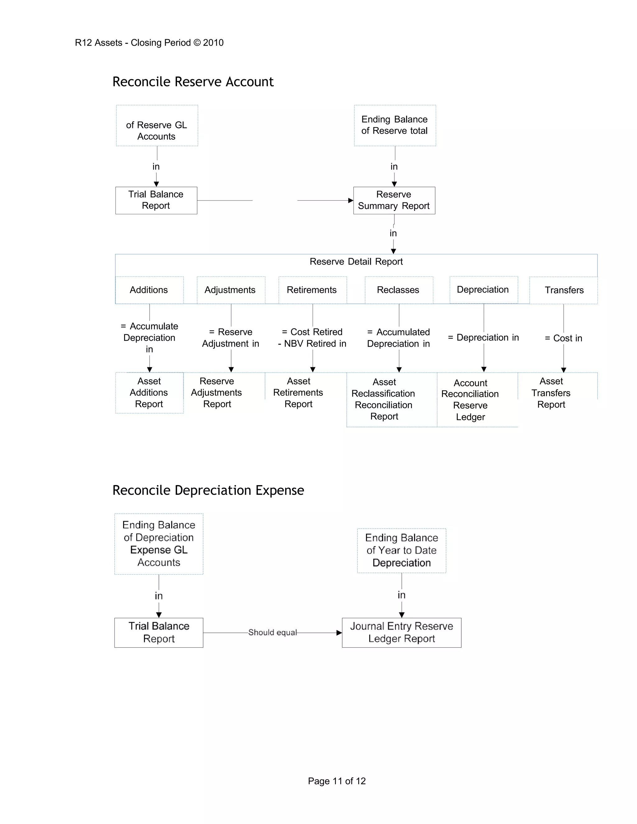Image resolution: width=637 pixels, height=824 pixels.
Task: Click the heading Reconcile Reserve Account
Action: (193, 82)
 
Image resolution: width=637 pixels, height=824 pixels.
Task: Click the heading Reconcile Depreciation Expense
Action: (208, 490)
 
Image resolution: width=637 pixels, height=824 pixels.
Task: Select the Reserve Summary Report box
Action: (394, 200)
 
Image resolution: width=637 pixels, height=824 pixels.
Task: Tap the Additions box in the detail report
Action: (149, 290)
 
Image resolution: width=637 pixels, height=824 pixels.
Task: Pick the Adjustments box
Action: (230, 290)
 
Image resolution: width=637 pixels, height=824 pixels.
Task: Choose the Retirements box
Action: (312, 290)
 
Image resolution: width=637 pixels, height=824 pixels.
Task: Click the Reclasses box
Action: (398, 290)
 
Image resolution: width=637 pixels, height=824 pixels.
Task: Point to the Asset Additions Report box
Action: (149, 392)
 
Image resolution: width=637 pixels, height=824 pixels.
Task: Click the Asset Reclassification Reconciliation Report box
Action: (384, 399)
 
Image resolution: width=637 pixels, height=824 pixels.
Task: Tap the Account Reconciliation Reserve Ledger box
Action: (470, 400)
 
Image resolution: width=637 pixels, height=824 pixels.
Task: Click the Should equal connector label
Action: (272, 632)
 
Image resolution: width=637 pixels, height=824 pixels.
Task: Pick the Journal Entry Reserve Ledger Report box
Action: (402, 632)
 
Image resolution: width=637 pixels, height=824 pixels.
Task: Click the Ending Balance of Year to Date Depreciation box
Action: (402, 550)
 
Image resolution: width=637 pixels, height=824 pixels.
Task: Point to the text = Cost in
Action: (563, 338)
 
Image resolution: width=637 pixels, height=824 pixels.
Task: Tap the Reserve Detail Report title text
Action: (356, 262)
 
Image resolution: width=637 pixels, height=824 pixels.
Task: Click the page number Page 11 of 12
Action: (337, 781)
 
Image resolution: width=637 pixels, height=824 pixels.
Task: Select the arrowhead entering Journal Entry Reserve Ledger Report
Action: (339, 633)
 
